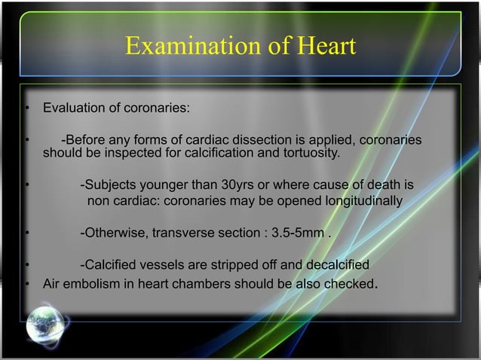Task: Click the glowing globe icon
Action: (44, 325)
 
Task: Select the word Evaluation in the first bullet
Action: (73, 108)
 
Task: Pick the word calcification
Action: (223, 154)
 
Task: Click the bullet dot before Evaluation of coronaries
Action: (26, 109)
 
